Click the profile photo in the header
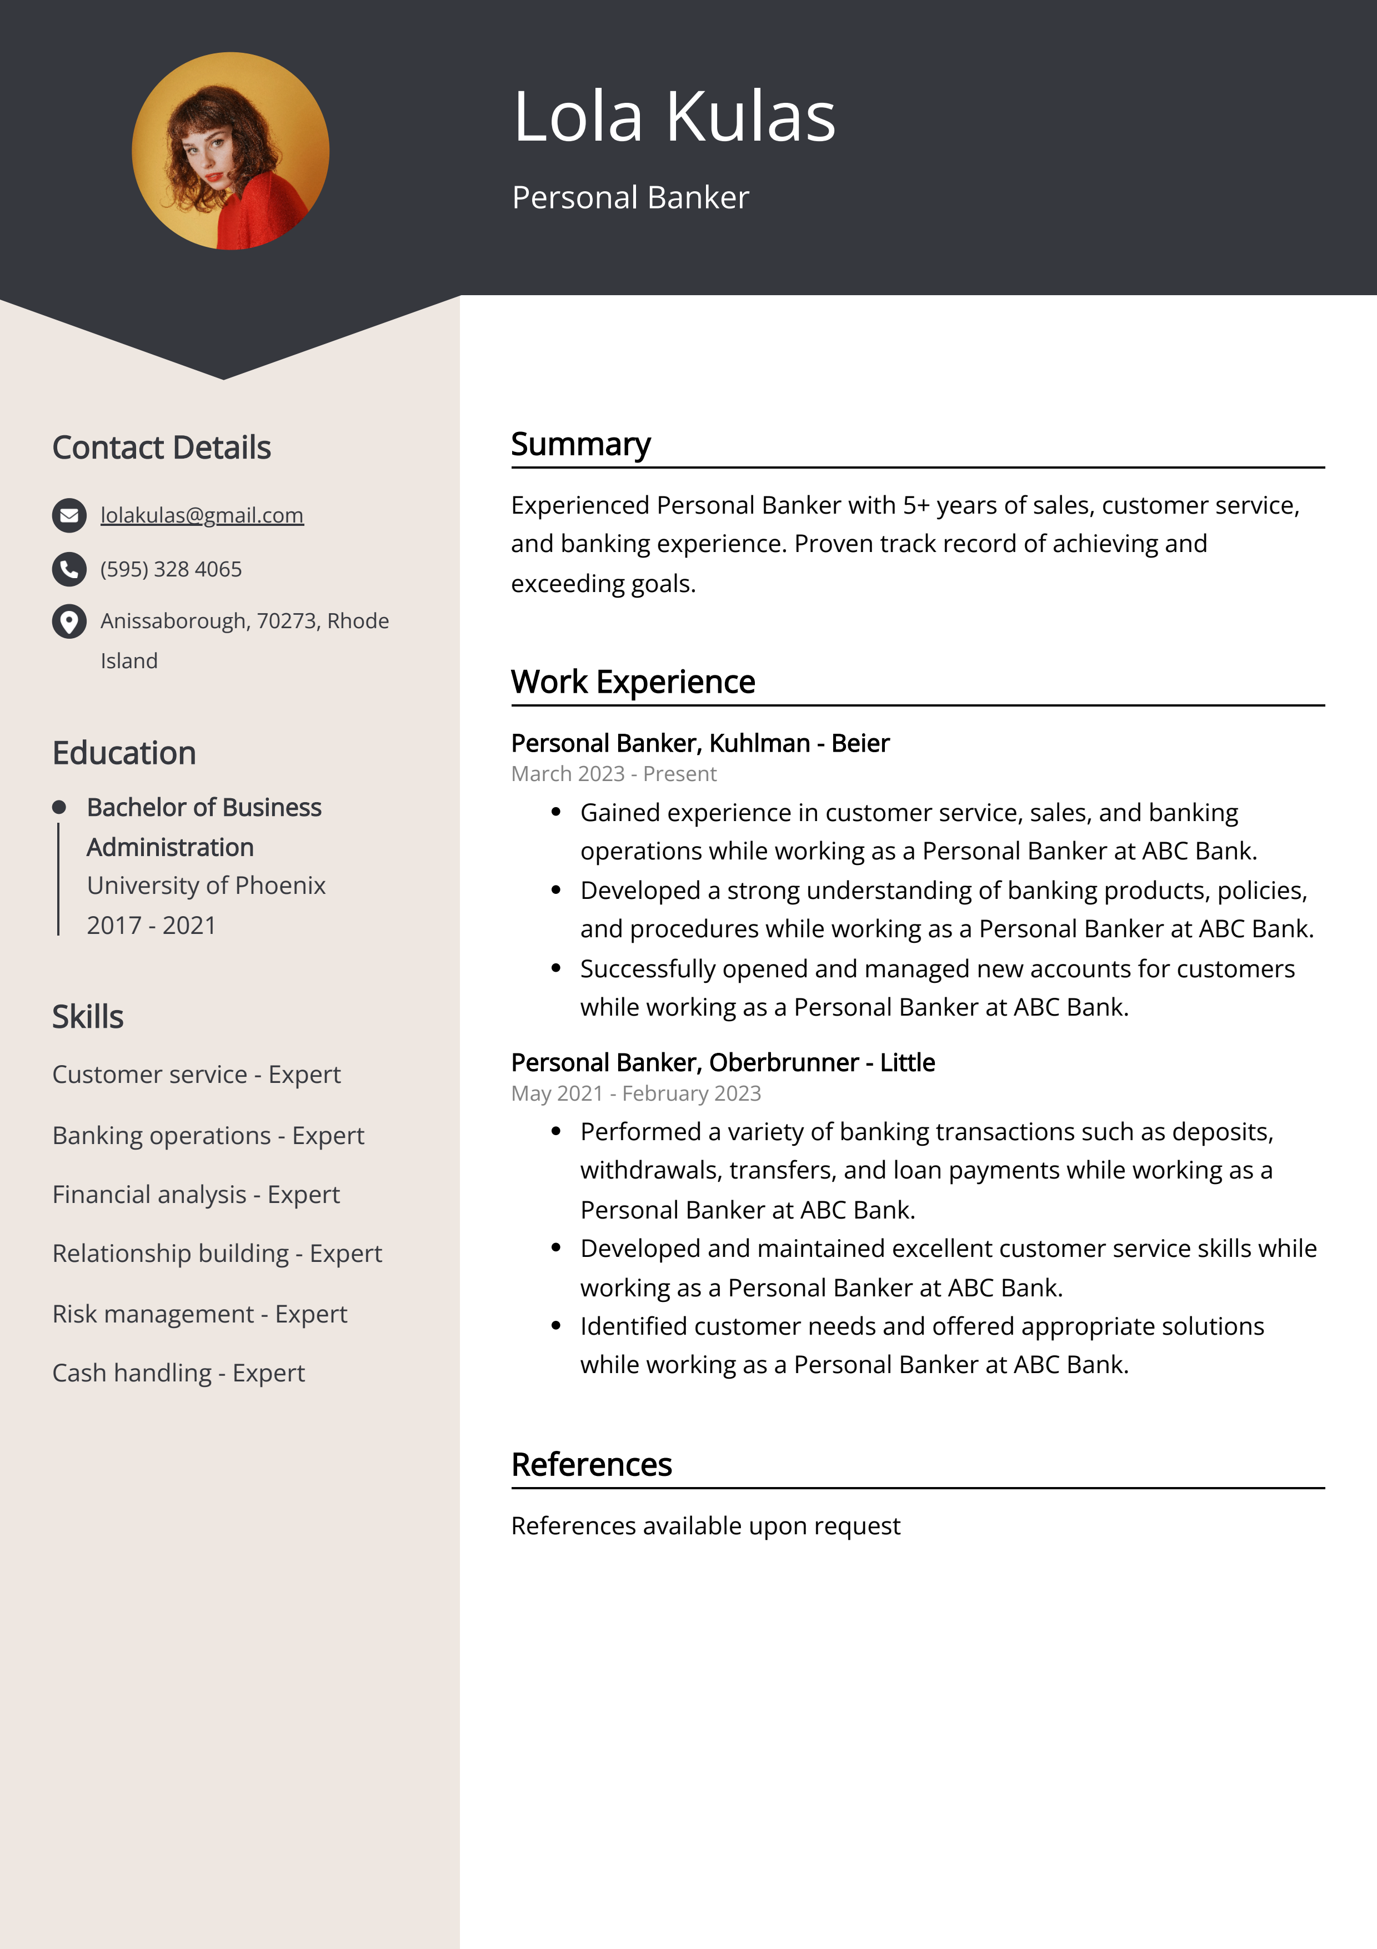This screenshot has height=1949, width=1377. point(230,151)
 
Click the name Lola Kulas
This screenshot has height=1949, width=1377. point(674,116)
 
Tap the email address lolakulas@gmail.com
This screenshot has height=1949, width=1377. point(202,515)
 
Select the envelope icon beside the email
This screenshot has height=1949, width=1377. point(69,515)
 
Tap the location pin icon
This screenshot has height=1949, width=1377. point(69,622)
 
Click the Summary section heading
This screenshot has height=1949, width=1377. point(580,444)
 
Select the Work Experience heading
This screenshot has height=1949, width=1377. point(633,682)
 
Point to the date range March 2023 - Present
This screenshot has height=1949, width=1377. point(613,774)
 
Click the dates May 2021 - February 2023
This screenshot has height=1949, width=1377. point(635,1093)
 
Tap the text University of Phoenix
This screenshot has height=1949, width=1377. point(206,886)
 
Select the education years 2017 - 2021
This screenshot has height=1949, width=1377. point(151,925)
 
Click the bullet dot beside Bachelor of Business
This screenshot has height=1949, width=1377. point(58,807)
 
